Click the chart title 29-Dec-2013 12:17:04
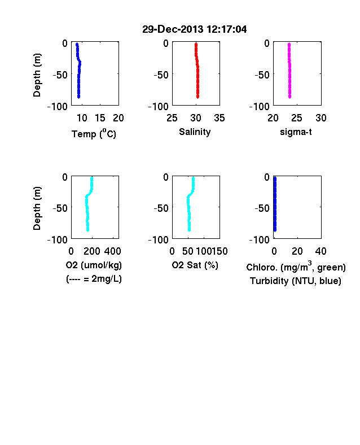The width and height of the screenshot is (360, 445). (x=195, y=29)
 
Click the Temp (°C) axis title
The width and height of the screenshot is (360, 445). (x=94, y=133)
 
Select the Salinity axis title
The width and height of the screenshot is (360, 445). (x=195, y=132)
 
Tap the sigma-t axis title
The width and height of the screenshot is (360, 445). (x=296, y=132)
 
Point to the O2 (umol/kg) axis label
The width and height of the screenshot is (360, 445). (x=94, y=265)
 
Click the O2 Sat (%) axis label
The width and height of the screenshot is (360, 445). (x=195, y=265)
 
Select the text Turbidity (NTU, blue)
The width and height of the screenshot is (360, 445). (x=296, y=281)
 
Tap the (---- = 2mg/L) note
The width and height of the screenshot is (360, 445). (x=94, y=279)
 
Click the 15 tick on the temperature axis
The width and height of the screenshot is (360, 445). (x=100, y=118)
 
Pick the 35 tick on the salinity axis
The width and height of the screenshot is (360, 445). (x=219, y=118)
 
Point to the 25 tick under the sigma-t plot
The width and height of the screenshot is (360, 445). (x=297, y=118)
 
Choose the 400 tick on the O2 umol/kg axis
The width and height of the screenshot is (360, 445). (x=112, y=251)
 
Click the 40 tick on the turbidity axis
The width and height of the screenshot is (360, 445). (x=321, y=251)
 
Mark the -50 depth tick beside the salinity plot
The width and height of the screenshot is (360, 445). (x=161, y=75)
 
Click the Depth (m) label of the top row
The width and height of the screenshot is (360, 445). (x=37, y=75)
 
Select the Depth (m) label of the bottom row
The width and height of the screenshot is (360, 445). (x=37, y=208)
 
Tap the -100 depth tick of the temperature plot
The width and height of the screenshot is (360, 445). (x=58, y=107)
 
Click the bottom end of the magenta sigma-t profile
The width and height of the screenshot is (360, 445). (x=289, y=97)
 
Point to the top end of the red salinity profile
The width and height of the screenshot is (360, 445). (x=196, y=43)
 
